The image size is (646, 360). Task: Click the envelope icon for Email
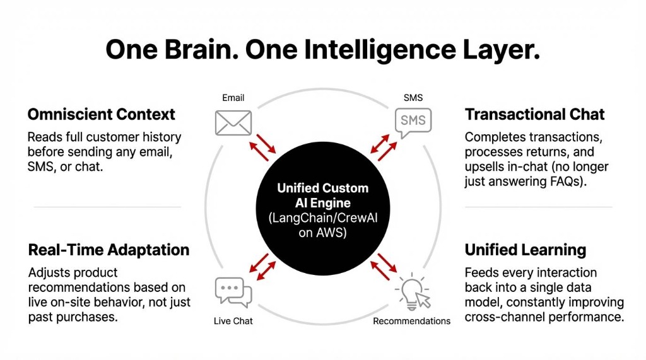click(x=233, y=122)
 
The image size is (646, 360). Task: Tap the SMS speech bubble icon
click(x=413, y=122)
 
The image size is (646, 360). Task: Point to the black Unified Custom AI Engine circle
click(x=323, y=209)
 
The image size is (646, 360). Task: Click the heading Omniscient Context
click(x=101, y=115)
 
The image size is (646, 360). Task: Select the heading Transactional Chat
click(x=534, y=115)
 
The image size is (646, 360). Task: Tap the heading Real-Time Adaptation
click(x=109, y=250)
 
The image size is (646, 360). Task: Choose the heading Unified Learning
click(x=525, y=250)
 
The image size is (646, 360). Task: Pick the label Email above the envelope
click(x=233, y=98)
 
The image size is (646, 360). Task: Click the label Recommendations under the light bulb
click(x=411, y=321)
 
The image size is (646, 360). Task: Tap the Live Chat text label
click(x=233, y=321)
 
